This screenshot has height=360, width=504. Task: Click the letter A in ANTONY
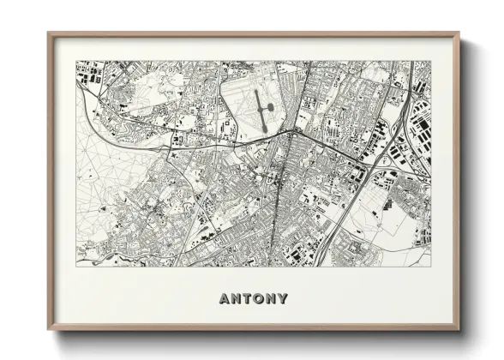pyautogui.click(x=224, y=299)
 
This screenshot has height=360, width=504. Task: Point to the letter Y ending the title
pyautogui.click(x=283, y=299)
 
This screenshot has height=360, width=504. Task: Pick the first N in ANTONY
pyautogui.click(x=236, y=299)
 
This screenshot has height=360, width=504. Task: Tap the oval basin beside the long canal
pyautogui.click(x=268, y=107)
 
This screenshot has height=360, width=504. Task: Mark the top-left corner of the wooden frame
pyautogui.click(x=48, y=33)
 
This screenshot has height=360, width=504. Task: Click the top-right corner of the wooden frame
pyautogui.click(x=459, y=33)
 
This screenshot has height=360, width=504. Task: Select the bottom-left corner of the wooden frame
pyautogui.click(x=48, y=330)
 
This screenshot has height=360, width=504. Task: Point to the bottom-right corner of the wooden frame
pyautogui.click(x=459, y=330)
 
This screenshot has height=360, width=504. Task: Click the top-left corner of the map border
pyautogui.click(x=76, y=61)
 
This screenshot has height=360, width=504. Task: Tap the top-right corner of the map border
pyautogui.click(x=431, y=61)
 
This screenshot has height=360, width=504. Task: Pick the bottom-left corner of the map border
pyautogui.click(x=76, y=266)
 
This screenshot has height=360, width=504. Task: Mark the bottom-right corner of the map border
pyautogui.click(x=431, y=266)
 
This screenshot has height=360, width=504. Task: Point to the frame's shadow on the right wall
pyautogui.click(x=465, y=189)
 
